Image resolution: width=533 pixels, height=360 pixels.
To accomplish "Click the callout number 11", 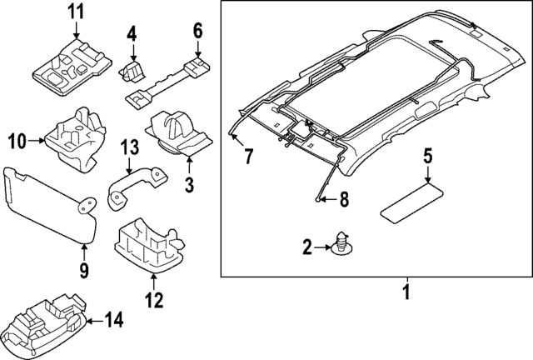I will (x=76, y=12).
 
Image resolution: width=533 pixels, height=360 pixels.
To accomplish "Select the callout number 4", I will (x=131, y=34).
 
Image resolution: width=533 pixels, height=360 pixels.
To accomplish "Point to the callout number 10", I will (x=17, y=141).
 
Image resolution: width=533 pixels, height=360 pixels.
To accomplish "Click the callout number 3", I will (x=189, y=183).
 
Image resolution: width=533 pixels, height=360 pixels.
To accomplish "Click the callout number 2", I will (x=306, y=246).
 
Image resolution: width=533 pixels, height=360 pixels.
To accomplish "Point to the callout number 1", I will (x=406, y=292).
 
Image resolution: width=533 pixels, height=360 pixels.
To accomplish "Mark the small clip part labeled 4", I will (x=132, y=70).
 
